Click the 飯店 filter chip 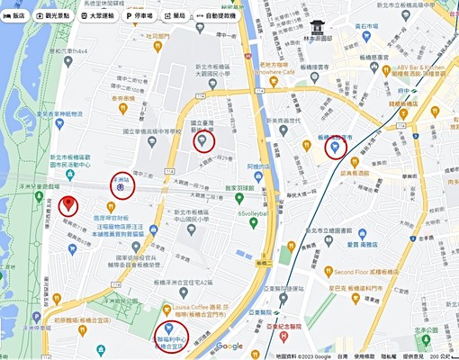tap(15, 16)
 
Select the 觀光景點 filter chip tap(56, 16)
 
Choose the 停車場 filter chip tap(143, 16)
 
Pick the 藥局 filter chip tap(176, 16)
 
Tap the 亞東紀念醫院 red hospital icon tap(283, 336)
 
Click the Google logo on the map tap(229, 346)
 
